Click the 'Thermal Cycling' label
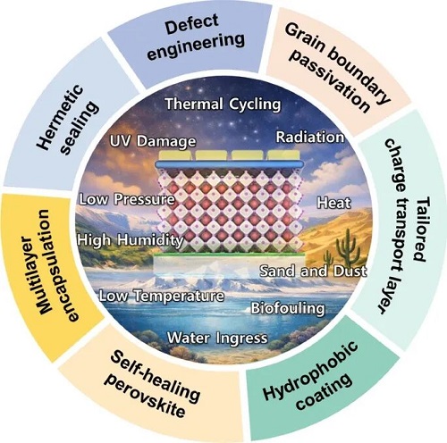coord(223,104)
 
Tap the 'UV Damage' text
coord(153,141)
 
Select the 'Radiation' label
coord(310,138)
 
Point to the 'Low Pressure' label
coord(127,199)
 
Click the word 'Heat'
coord(333,203)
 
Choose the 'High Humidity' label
coord(131,240)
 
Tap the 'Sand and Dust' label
coord(313,271)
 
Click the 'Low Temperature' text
coord(162,296)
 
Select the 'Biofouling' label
coord(288,308)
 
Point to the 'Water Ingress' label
coord(217,338)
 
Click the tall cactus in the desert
coord(347,247)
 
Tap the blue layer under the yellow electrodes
coord(230,164)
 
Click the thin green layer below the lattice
coord(229,255)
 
